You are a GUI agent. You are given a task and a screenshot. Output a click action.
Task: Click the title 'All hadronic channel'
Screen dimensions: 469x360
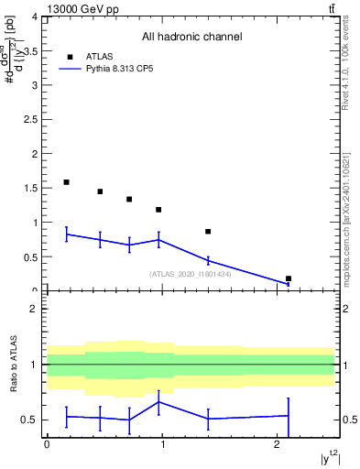(191, 37)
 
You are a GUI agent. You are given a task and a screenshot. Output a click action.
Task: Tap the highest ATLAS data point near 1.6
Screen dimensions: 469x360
(66, 182)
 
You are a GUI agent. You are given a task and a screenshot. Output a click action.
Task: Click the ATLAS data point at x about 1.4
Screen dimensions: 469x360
(208, 232)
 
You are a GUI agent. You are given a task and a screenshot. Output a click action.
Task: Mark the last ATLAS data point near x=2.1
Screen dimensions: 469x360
(289, 278)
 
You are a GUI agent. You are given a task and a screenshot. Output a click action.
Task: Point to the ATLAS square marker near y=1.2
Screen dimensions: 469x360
(158, 210)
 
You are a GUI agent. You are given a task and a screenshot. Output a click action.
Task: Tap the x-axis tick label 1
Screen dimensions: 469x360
(162, 444)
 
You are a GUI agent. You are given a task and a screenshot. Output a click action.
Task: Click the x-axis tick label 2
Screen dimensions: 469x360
(278, 444)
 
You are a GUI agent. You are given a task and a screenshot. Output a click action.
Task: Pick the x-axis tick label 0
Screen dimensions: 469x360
(47, 444)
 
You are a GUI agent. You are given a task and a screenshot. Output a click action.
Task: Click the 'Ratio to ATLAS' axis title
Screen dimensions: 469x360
(12, 365)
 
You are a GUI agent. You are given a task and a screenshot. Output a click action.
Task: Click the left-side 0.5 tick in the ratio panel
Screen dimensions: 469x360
(32, 420)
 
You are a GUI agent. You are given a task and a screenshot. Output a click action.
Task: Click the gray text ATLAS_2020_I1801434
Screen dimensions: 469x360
(191, 274)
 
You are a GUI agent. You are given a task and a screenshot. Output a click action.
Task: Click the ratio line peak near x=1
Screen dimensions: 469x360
(160, 402)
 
